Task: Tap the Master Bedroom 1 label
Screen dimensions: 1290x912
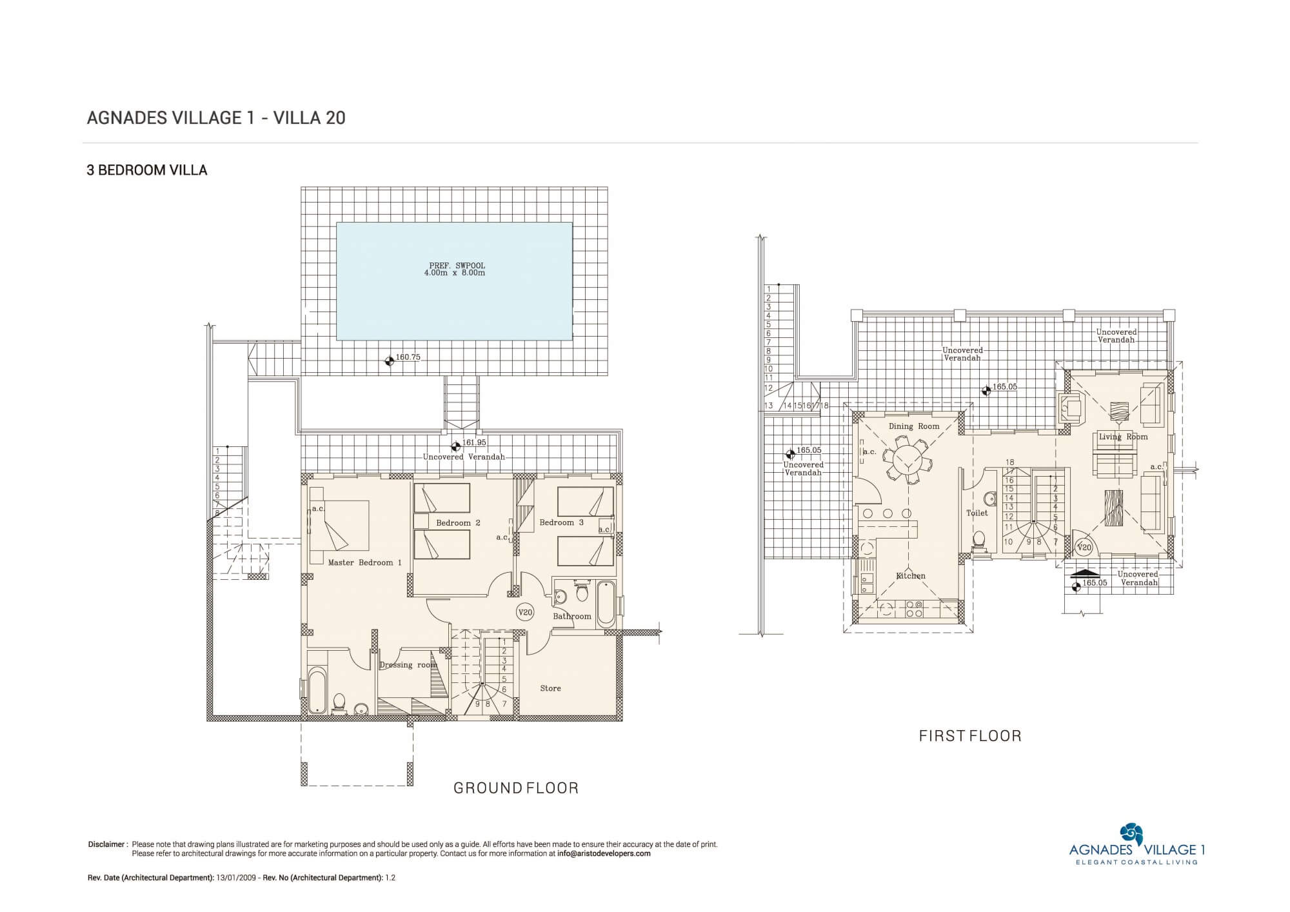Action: pos(365,562)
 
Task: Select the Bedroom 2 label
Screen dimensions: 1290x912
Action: pos(458,522)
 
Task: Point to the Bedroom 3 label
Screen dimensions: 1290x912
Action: pos(562,522)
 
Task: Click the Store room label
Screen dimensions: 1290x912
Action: pos(551,688)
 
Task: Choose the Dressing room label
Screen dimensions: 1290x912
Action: pos(408,665)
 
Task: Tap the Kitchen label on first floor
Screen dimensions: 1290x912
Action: pos(911,575)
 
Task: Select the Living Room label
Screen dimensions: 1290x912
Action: pos(1124,437)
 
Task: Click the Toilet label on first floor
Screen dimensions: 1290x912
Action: pos(977,513)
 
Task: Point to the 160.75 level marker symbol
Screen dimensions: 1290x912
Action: pos(388,361)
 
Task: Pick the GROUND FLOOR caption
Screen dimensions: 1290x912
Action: pos(516,788)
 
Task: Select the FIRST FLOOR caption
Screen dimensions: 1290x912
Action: pos(970,736)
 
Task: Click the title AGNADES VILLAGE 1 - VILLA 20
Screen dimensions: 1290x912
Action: pos(216,118)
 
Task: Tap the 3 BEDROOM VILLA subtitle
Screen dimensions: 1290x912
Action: pos(147,170)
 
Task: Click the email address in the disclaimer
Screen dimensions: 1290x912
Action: pos(604,853)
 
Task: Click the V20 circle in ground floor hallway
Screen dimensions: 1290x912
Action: pos(526,612)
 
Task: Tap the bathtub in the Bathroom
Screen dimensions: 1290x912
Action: pos(606,604)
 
